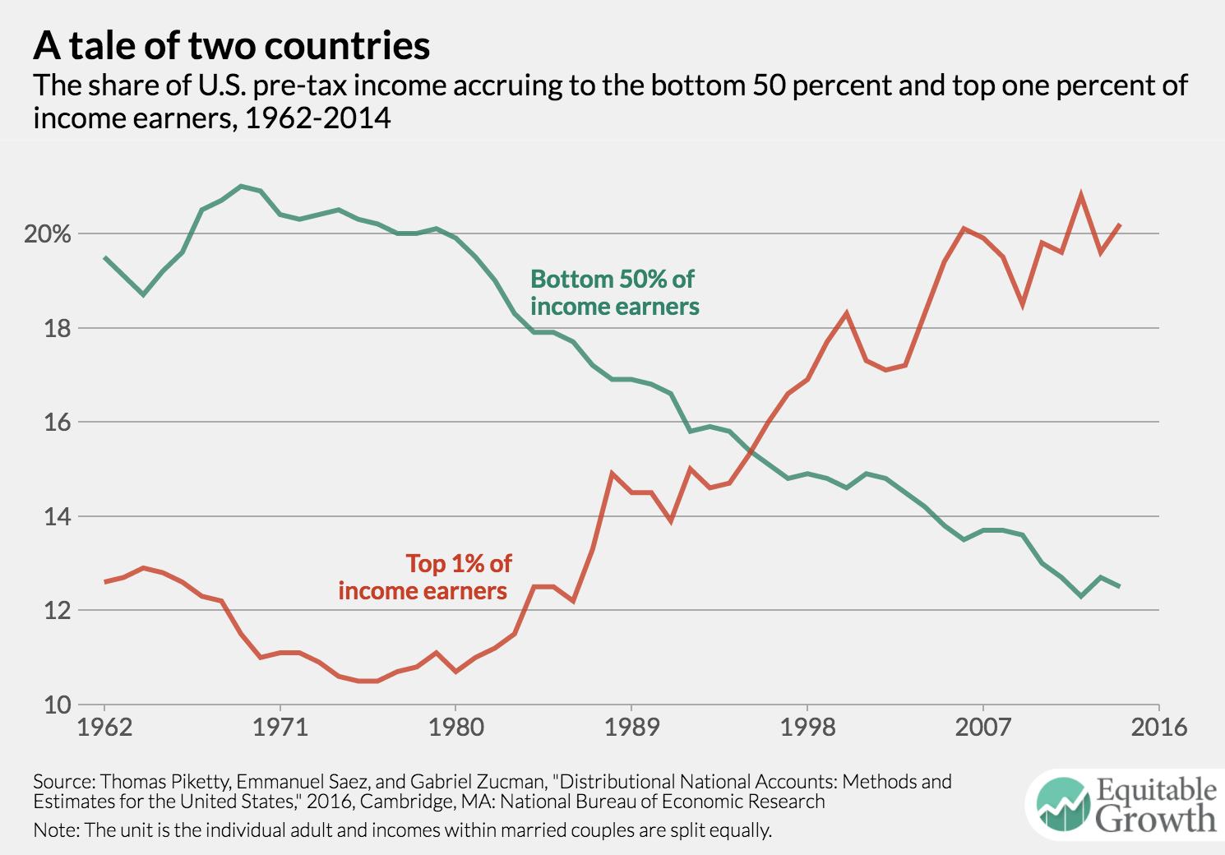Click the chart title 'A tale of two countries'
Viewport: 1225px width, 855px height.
point(231,46)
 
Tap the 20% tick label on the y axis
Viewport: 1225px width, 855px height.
point(48,234)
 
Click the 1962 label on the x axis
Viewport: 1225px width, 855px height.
point(104,728)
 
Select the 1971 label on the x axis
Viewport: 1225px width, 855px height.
point(280,728)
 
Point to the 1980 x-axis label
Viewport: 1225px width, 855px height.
point(455,728)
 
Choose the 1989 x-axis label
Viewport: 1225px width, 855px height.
point(631,728)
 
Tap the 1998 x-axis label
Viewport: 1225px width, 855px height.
point(807,728)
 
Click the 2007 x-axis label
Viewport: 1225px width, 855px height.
point(982,728)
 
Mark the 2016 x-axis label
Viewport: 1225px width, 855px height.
point(1158,728)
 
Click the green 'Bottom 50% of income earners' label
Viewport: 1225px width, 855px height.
point(614,293)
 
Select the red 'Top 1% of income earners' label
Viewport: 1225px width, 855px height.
point(424,577)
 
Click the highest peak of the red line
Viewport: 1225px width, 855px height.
point(1080,195)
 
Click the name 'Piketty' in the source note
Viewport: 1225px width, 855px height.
point(199,781)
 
